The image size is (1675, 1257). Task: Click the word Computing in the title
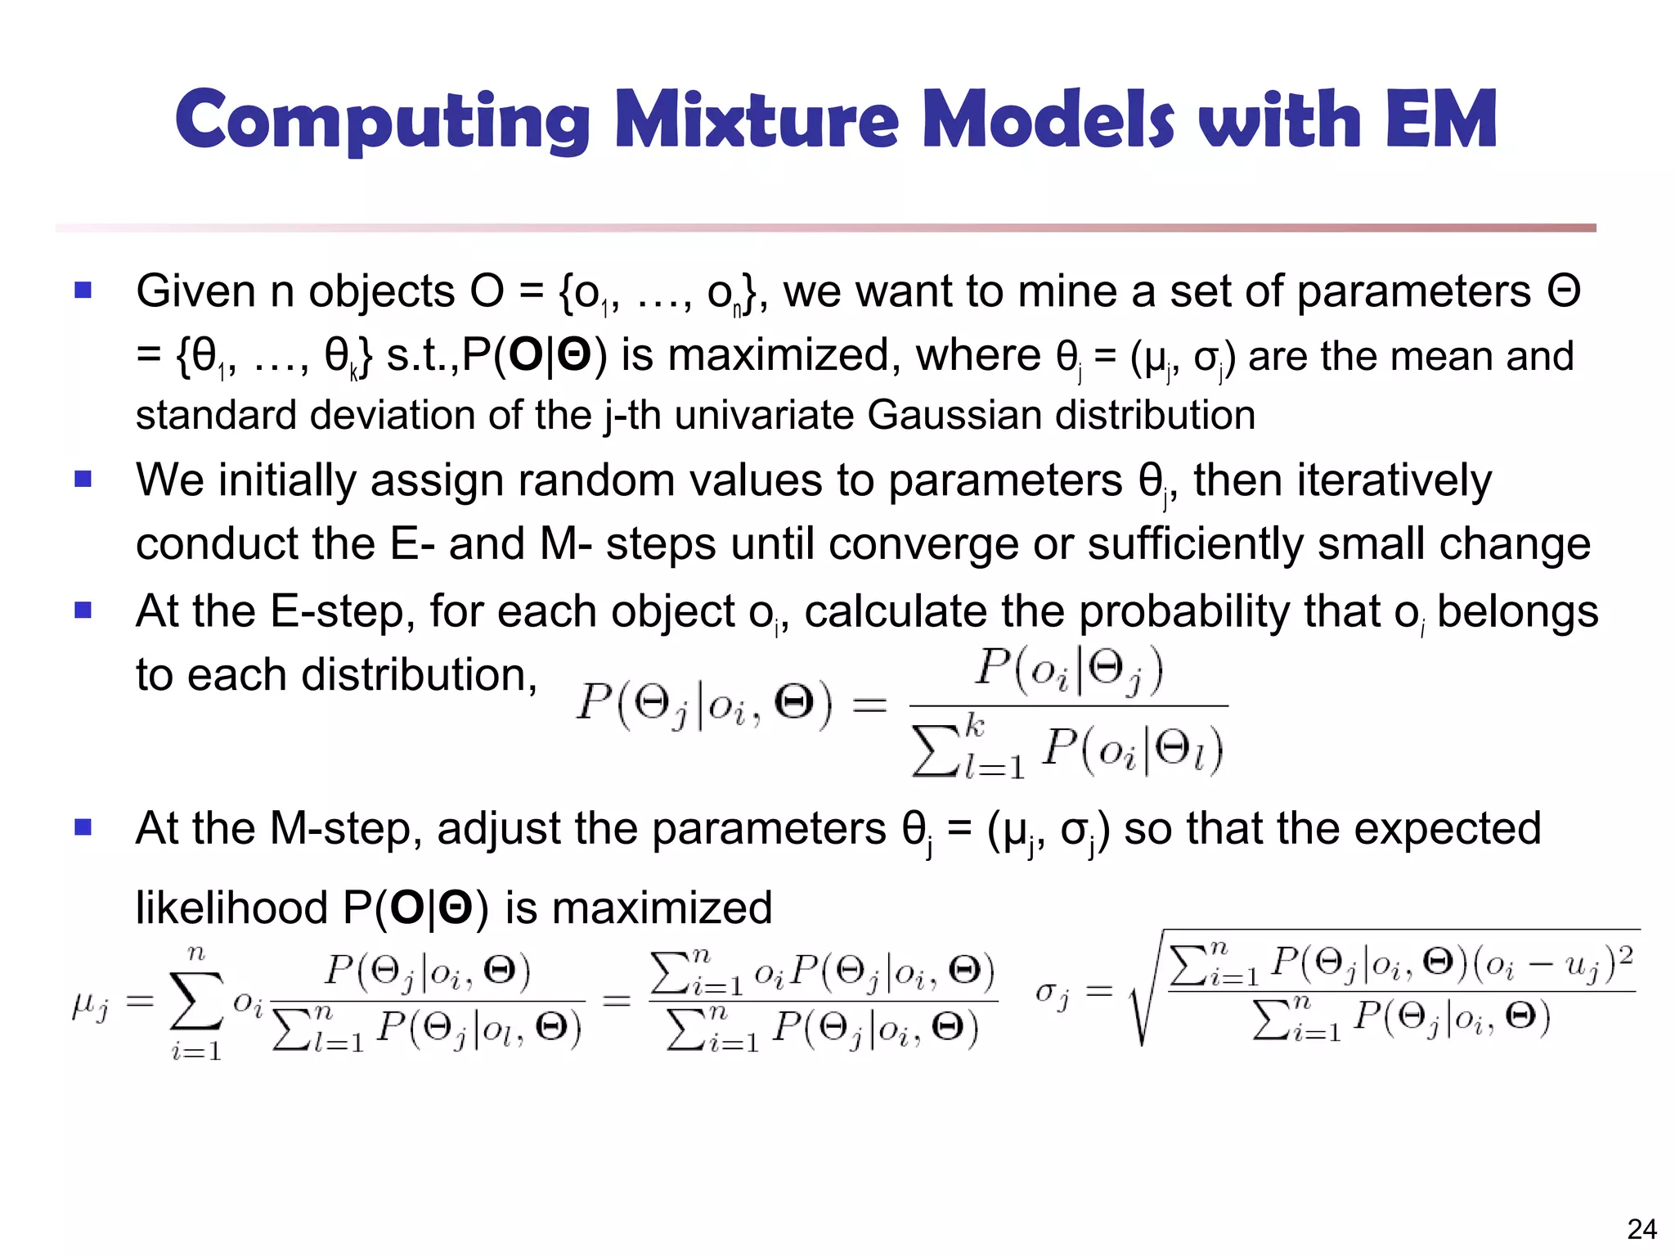click(382, 120)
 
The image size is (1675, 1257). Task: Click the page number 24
click(1641, 1229)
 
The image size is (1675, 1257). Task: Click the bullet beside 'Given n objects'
click(83, 291)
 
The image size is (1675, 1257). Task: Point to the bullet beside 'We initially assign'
click(83, 479)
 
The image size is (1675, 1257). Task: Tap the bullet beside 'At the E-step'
click(83, 610)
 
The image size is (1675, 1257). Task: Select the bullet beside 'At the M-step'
click(83, 827)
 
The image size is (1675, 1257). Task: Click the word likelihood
click(231, 908)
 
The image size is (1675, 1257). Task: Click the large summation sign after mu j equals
click(196, 1000)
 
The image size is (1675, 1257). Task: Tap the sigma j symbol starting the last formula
click(1052, 994)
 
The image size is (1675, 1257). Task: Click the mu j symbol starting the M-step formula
click(90, 1004)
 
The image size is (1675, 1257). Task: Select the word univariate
click(764, 415)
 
